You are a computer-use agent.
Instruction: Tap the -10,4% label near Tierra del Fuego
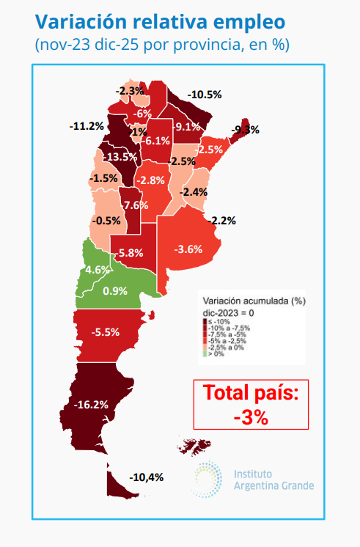coord(146,477)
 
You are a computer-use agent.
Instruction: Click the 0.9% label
coord(115,290)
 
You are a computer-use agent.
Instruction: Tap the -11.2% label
coord(87,126)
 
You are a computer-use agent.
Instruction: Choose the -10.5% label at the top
coord(205,95)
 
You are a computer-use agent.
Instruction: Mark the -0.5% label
coord(106,221)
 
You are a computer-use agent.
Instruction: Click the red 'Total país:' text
coord(251,393)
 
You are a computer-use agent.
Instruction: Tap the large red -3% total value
coord(251,416)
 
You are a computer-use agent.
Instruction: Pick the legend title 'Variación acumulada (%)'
coord(253,300)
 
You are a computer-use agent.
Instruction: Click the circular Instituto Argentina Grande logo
coord(207,478)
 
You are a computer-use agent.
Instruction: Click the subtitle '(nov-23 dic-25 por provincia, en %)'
coord(162,45)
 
